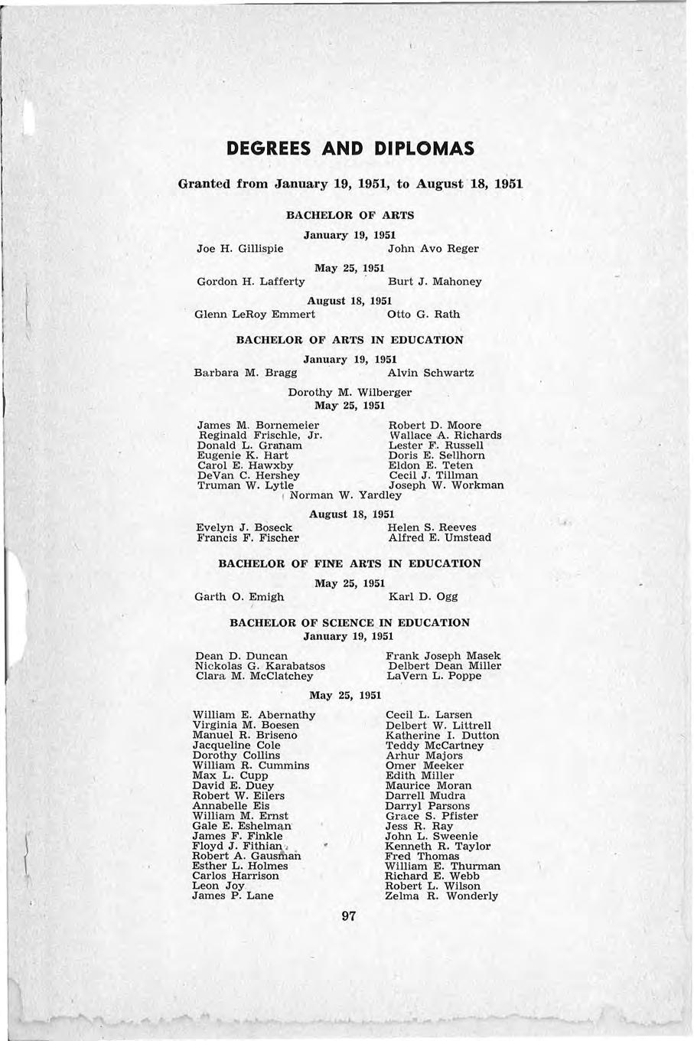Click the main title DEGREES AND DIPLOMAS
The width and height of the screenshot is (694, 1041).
[350, 147]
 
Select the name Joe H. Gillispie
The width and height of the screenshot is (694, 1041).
[240, 249]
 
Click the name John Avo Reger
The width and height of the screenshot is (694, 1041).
[433, 249]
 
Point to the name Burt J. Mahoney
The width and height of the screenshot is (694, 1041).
[435, 282]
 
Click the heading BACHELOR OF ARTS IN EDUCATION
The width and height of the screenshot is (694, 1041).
[349, 340]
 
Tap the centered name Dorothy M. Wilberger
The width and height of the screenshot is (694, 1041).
[350, 393]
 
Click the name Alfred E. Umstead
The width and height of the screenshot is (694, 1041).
[440, 538]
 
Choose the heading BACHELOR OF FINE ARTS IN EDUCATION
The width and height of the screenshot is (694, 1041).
[350, 564]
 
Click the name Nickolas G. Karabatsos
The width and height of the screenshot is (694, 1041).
[260, 667]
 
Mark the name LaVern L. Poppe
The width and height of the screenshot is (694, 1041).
[434, 677]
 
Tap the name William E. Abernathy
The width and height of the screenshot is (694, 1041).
[254, 716]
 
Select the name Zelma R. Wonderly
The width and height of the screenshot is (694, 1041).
[441, 896]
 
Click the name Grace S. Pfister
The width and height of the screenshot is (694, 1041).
[432, 816]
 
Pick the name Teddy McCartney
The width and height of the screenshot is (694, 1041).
[435, 746]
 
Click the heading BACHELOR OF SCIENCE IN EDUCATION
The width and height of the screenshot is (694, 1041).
[350, 623]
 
